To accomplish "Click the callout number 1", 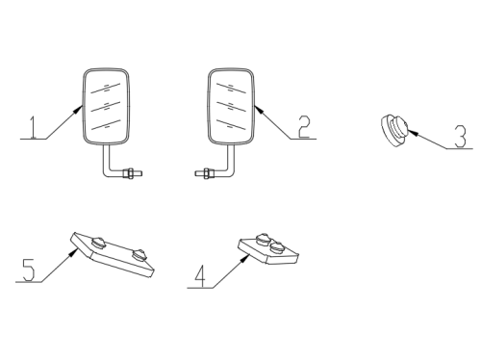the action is click(x=33, y=128).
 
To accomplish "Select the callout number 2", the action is click(x=304, y=127).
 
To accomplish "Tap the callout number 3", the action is click(x=461, y=137).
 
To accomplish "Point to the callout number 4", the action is click(x=200, y=276).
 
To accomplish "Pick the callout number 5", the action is click(x=29, y=270).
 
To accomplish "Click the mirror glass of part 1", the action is click(x=106, y=106).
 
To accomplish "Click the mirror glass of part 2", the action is click(x=231, y=106).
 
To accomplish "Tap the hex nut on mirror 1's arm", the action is click(x=129, y=173).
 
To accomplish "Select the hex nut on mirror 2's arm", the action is click(x=207, y=173).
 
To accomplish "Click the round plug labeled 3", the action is click(x=394, y=130).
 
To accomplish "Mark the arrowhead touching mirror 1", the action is click(x=78, y=109).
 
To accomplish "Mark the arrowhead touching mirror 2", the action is click(x=259, y=109).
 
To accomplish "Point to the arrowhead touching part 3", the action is click(x=413, y=132).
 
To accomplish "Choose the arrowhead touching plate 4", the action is click(x=245, y=257).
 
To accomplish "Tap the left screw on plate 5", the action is click(x=98, y=243).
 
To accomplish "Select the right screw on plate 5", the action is click(x=139, y=254).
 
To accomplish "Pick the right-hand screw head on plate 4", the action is click(x=276, y=247).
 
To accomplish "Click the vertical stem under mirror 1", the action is click(x=106, y=160).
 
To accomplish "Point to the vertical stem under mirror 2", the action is click(x=231, y=160).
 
